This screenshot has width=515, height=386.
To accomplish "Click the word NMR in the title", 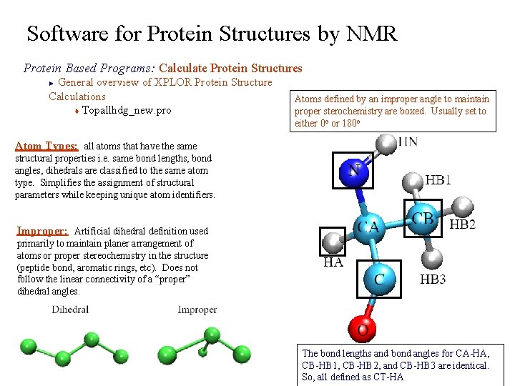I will tap(371, 34).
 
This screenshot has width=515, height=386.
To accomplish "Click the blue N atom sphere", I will tap(353, 172).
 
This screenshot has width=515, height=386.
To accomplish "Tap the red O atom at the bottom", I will tap(363, 330).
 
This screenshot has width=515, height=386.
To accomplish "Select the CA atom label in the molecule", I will tap(368, 228).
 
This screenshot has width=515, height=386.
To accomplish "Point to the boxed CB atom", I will tap(422, 219).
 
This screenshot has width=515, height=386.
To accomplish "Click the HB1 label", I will tap(438, 180).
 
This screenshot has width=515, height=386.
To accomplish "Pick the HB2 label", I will tap(462, 224).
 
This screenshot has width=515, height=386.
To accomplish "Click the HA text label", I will tap(333, 262).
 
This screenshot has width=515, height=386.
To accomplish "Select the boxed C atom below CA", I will tap(379, 279).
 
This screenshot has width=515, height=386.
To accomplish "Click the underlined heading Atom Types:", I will tap(48, 146).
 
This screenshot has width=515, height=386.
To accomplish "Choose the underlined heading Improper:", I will tap(43, 231).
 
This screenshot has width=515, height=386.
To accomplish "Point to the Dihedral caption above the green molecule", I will tap(70, 310).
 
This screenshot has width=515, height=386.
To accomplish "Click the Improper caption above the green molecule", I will tap(197, 310).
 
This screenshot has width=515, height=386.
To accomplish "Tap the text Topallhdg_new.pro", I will tap(127, 111).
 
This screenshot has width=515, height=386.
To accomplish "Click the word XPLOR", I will tap(173, 82).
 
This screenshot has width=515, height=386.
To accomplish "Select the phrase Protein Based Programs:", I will tap(89, 69).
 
